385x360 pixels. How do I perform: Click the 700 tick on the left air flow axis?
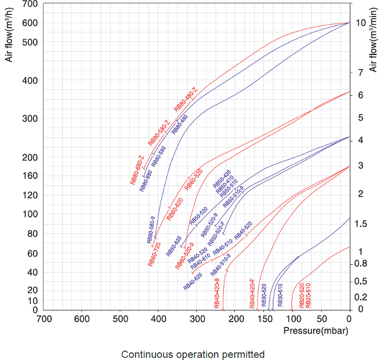29,4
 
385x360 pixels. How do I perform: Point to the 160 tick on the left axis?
29,176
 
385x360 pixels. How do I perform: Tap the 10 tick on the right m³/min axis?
361,23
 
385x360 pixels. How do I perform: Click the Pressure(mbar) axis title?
316,331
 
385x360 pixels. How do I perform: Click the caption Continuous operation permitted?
193,354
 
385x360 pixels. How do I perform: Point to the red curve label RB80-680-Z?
137,170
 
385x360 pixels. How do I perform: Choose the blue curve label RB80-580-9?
152,230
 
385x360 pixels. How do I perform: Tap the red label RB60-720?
155,254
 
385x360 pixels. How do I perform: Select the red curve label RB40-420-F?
252,293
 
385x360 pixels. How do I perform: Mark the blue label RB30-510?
279,295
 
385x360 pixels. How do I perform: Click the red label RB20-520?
302,295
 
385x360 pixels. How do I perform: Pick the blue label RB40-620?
193,281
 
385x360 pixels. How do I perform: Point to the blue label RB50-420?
222,180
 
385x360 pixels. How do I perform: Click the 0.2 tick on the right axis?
361,297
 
